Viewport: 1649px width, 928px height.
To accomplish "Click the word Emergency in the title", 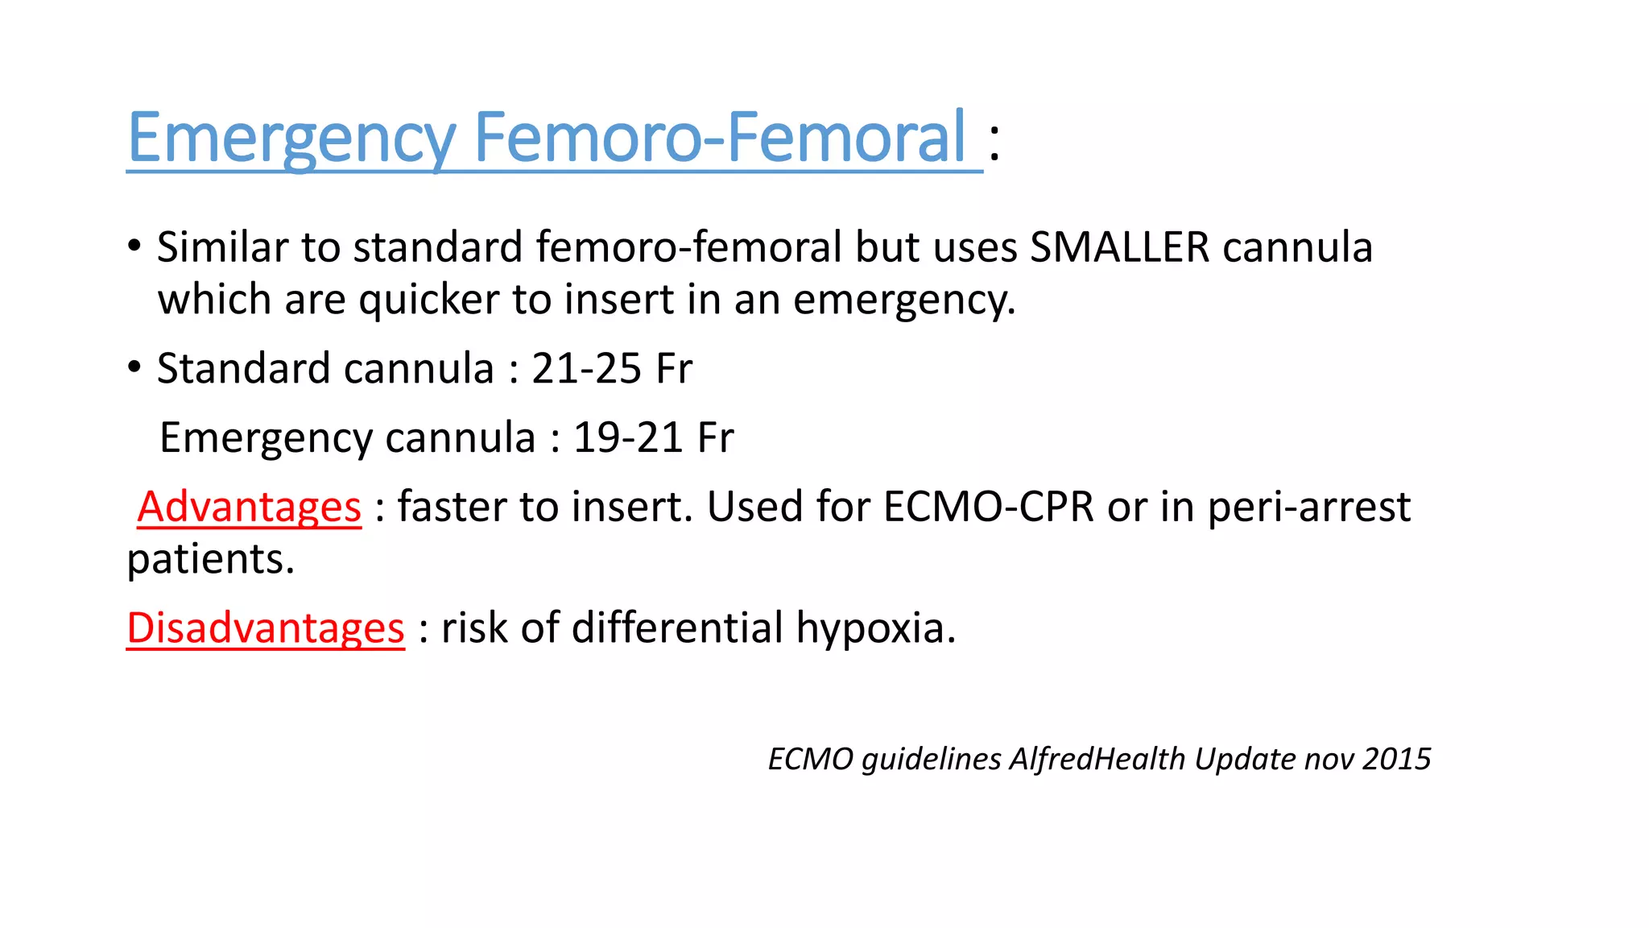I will [x=292, y=139].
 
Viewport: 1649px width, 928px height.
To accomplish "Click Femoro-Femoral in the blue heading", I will [x=719, y=137].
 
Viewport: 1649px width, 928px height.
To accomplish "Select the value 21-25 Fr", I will [x=611, y=369].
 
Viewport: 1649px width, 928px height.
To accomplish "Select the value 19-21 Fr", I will [x=653, y=438].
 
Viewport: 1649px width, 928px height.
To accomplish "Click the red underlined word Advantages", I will [x=250, y=507].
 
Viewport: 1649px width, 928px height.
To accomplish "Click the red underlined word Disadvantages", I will [x=266, y=628].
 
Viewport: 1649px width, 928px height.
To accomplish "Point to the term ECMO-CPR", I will [x=988, y=507].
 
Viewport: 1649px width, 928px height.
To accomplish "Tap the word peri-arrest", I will [x=1309, y=507].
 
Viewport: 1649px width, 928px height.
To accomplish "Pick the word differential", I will [x=676, y=628].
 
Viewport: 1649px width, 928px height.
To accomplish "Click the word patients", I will [x=210, y=560].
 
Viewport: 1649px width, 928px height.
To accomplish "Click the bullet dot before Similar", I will [x=134, y=245].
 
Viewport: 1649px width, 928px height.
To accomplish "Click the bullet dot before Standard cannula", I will [x=134, y=367].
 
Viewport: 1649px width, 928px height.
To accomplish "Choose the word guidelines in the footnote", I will [x=931, y=760].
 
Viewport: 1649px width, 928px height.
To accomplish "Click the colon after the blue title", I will [x=995, y=143].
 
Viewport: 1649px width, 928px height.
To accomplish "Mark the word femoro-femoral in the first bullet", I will [x=688, y=247].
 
